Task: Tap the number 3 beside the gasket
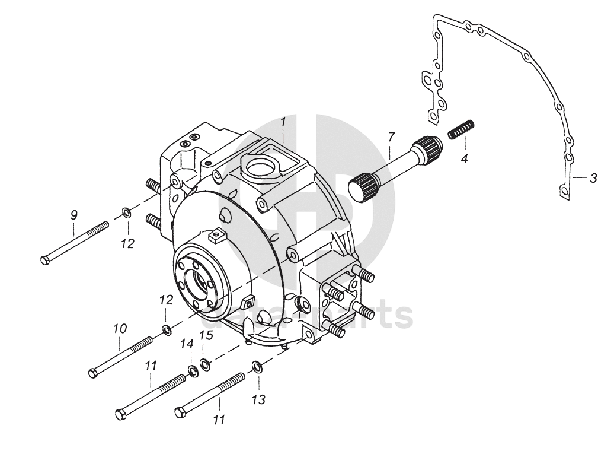593,177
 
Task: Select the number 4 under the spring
465,158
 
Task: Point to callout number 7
391,136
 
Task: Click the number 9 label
74,215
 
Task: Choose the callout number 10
120,328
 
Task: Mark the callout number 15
206,336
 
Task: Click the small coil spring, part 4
462,129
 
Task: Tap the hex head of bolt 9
46,260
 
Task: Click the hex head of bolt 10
93,373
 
